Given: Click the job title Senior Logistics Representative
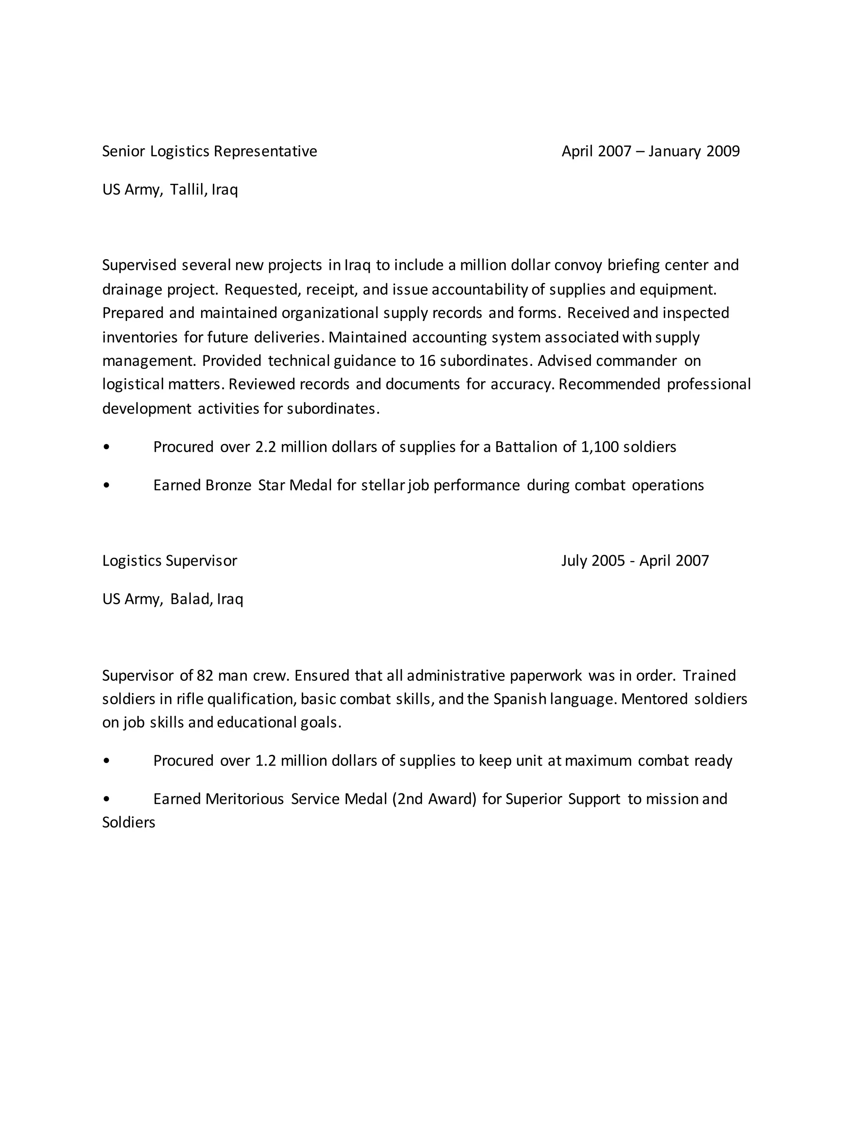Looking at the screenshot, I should (x=210, y=152).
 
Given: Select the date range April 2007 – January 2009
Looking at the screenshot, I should (x=650, y=152).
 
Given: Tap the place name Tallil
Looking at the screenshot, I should (x=188, y=190).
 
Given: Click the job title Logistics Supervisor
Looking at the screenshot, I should (x=169, y=561).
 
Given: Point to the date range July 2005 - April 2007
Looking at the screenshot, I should (x=635, y=561).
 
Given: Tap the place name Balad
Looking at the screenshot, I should (x=191, y=599).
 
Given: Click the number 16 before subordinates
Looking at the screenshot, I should (x=427, y=361).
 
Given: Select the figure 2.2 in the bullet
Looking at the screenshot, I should (x=265, y=447).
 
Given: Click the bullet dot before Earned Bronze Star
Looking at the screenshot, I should (x=106, y=486).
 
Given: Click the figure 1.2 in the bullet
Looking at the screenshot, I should (x=265, y=760).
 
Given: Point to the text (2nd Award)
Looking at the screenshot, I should (x=434, y=799).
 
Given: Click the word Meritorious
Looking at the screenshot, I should (x=245, y=799).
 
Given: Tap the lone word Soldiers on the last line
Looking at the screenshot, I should (x=128, y=823).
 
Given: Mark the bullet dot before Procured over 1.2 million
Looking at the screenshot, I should (x=106, y=761).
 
